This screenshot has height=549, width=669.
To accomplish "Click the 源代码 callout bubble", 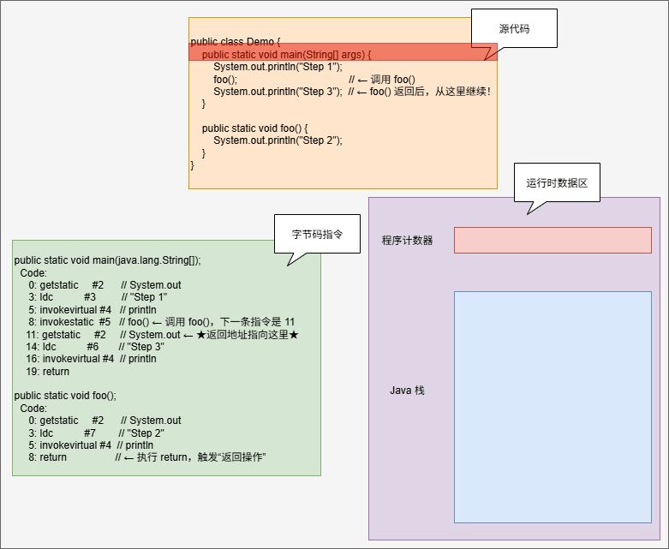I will click(x=514, y=28).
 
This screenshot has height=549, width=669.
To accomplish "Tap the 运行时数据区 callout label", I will click(x=557, y=182).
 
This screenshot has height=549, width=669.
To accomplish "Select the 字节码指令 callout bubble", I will click(x=316, y=233).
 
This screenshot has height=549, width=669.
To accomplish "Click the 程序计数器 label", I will click(x=407, y=241).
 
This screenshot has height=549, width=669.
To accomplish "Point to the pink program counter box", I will click(x=553, y=241).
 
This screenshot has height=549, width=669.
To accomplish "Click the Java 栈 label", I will click(x=407, y=391).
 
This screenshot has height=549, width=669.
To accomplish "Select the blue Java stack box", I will click(x=553, y=407).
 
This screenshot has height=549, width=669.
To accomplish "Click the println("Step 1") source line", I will click(x=278, y=67).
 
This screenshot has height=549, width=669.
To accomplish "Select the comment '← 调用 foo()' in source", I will click(x=386, y=80).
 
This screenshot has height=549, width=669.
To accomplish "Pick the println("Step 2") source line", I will click(x=278, y=140).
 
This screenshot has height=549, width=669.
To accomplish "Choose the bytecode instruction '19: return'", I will click(x=48, y=372).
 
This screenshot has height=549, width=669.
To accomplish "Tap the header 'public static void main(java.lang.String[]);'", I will click(x=108, y=260).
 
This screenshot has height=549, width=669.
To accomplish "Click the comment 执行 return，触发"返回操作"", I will click(x=201, y=457).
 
